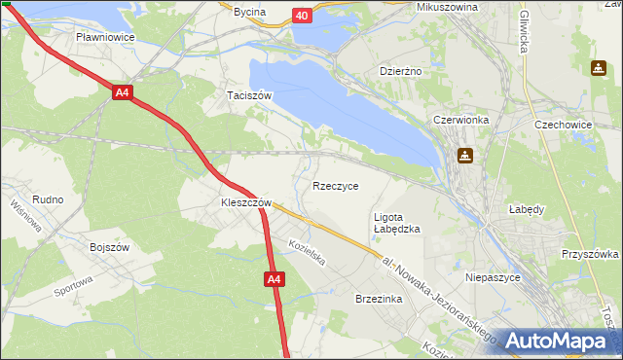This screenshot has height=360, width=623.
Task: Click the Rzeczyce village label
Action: [x=336, y=186]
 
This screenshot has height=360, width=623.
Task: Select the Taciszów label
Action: [x=248, y=95]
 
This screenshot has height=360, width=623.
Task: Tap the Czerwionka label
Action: [x=467, y=120]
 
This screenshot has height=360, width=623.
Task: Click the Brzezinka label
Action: [x=379, y=300]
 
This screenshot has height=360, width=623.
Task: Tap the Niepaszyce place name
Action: [x=495, y=277]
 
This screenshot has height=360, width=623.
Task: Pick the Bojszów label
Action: [x=110, y=247]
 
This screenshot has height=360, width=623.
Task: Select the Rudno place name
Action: [x=48, y=199]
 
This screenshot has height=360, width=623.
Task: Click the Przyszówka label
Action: [x=590, y=253]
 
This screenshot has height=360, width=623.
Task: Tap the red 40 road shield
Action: [x=302, y=16]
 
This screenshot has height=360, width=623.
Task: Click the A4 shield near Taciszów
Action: [x=122, y=93]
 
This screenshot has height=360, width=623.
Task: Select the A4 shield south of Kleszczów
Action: [x=275, y=280]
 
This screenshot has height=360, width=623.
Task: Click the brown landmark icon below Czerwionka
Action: [x=466, y=156]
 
